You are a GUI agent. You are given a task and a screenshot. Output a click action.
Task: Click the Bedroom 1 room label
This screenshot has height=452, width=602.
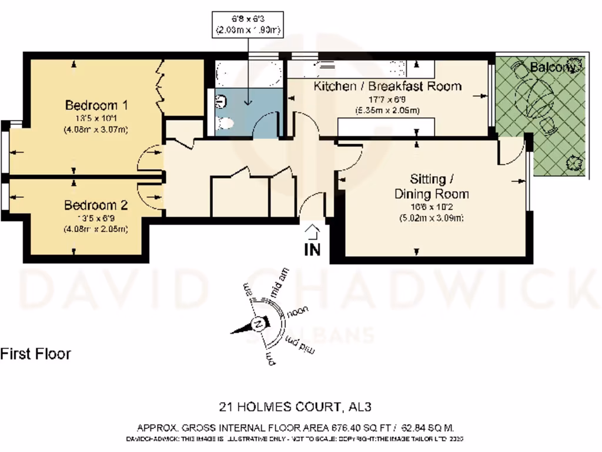click(x=96, y=106)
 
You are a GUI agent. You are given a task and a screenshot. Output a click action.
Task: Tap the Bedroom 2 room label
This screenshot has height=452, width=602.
click(x=96, y=206)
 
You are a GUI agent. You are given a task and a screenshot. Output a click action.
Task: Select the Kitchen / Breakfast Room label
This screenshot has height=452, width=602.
click(x=387, y=87)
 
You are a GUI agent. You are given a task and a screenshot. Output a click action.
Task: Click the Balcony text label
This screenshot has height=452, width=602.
click(x=552, y=68)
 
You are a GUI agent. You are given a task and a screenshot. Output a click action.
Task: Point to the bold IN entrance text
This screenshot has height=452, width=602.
click(x=312, y=249)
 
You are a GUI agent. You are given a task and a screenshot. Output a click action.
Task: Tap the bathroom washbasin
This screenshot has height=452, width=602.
click(x=220, y=101)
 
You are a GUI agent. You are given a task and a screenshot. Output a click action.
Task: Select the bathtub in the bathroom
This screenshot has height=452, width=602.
click(x=246, y=74)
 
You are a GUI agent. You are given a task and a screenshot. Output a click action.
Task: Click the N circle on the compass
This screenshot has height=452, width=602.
click(x=257, y=324)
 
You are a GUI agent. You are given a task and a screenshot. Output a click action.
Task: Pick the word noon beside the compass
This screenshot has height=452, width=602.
click(x=297, y=313)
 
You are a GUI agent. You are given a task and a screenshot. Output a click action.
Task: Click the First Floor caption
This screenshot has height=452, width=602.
click(x=35, y=354)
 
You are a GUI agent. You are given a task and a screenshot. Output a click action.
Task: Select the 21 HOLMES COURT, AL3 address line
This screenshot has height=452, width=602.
click(x=295, y=407)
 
